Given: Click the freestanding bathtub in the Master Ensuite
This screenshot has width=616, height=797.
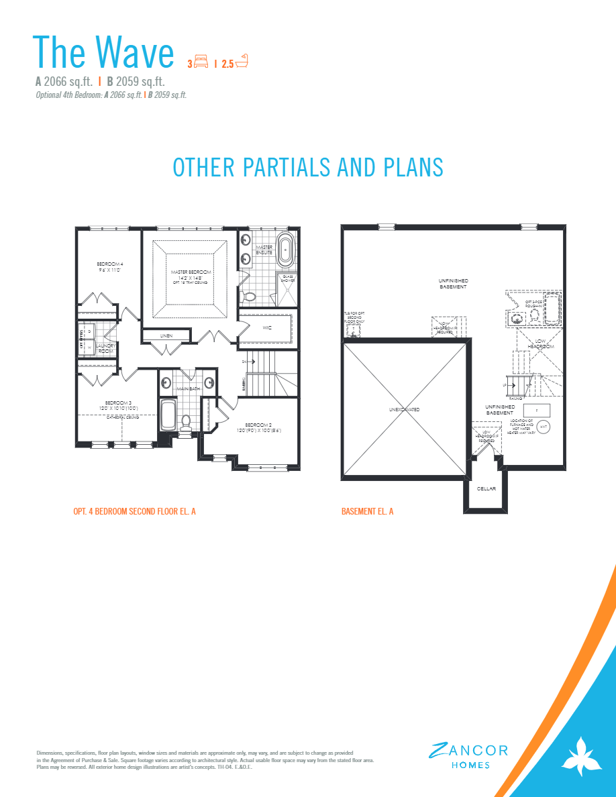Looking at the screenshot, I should tap(287, 251).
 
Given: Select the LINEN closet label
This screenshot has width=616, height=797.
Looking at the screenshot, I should tap(166, 335).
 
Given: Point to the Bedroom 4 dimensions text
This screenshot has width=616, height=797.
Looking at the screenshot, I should tap(109, 270).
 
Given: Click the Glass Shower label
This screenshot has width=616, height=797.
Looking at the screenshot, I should tap(288, 278).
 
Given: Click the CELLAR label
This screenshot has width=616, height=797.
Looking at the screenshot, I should tap(486, 488).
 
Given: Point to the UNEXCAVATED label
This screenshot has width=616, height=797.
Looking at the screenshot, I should tap(404, 409).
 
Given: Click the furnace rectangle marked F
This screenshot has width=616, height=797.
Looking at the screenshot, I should tap(537, 409).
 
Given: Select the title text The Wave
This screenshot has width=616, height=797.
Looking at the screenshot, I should tap(103, 52).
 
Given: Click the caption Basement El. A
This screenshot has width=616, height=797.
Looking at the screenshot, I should tap(367, 512).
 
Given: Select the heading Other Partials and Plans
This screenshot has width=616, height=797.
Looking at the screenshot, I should tap(308, 167).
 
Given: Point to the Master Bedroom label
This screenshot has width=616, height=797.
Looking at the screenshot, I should tap(191, 272).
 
